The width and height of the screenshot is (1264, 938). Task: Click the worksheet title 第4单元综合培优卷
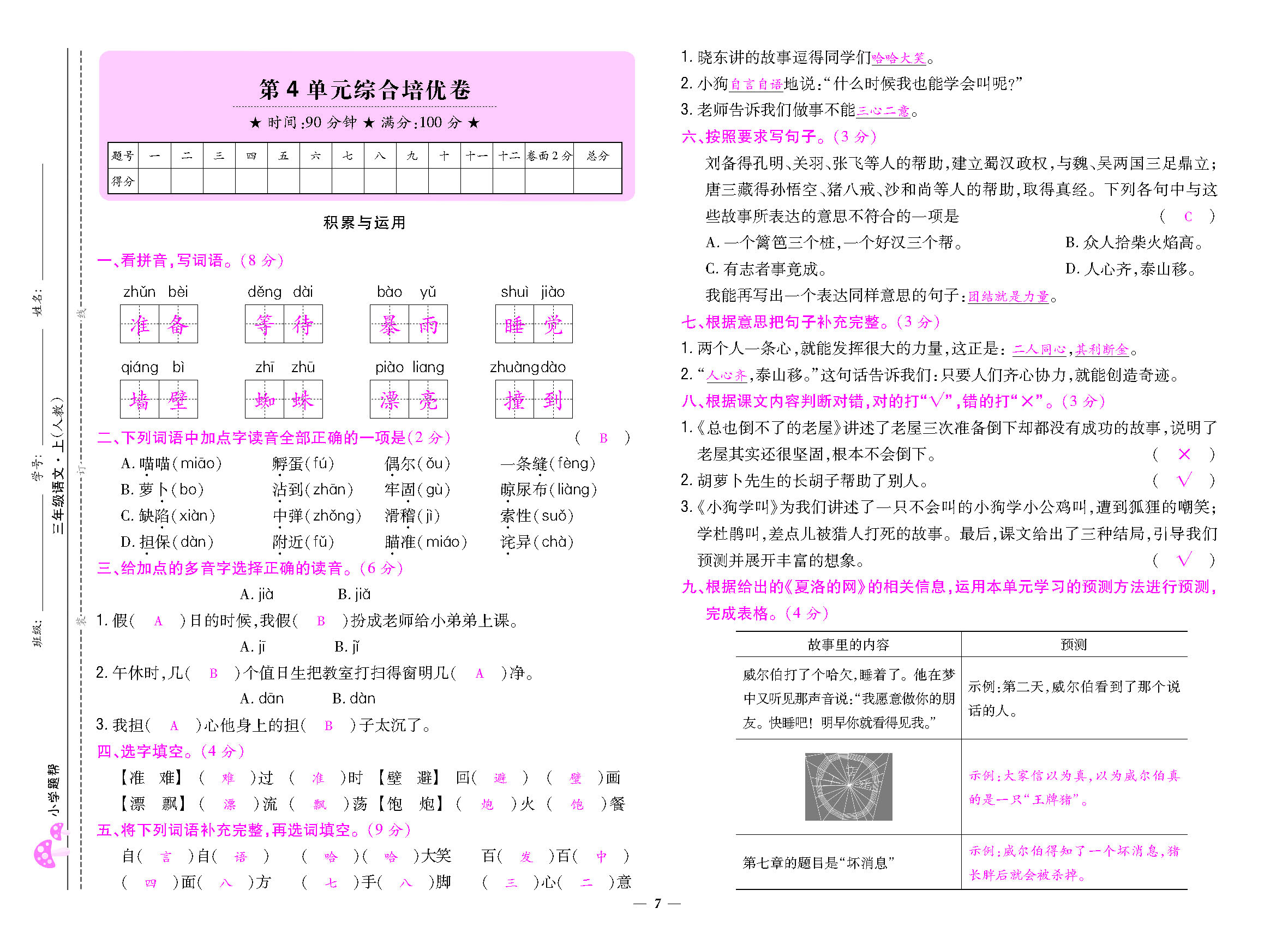[x=364, y=89]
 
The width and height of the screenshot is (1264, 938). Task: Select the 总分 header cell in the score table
[x=597, y=156]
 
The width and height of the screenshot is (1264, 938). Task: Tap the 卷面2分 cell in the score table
[x=549, y=156]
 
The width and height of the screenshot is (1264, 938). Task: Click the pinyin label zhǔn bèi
[x=155, y=292]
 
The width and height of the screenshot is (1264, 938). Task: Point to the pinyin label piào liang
[x=409, y=367]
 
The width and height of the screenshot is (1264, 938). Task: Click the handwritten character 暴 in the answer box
[x=390, y=324]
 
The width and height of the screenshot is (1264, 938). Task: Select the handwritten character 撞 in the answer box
[x=514, y=400]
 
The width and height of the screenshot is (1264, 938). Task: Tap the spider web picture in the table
[x=848, y=786]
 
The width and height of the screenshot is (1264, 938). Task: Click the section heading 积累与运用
[x=364, y=223]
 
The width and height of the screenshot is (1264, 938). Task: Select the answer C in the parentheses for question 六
[x=1188, y=216]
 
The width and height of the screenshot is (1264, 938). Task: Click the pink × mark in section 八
[x=1184, y=454]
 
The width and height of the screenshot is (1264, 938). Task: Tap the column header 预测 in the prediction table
[x=1073, y=644]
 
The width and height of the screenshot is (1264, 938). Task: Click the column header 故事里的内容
[x=848, y=644]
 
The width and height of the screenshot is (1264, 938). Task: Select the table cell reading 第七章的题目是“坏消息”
[x=818, y=863]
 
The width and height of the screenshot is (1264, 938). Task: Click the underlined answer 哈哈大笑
[x=898, y=58]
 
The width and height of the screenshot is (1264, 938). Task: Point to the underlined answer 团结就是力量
[x=1008, y=296]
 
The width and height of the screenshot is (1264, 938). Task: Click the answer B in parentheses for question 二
[x=603, y=438]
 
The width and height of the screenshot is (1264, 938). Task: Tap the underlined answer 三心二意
[x=883, y=111]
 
